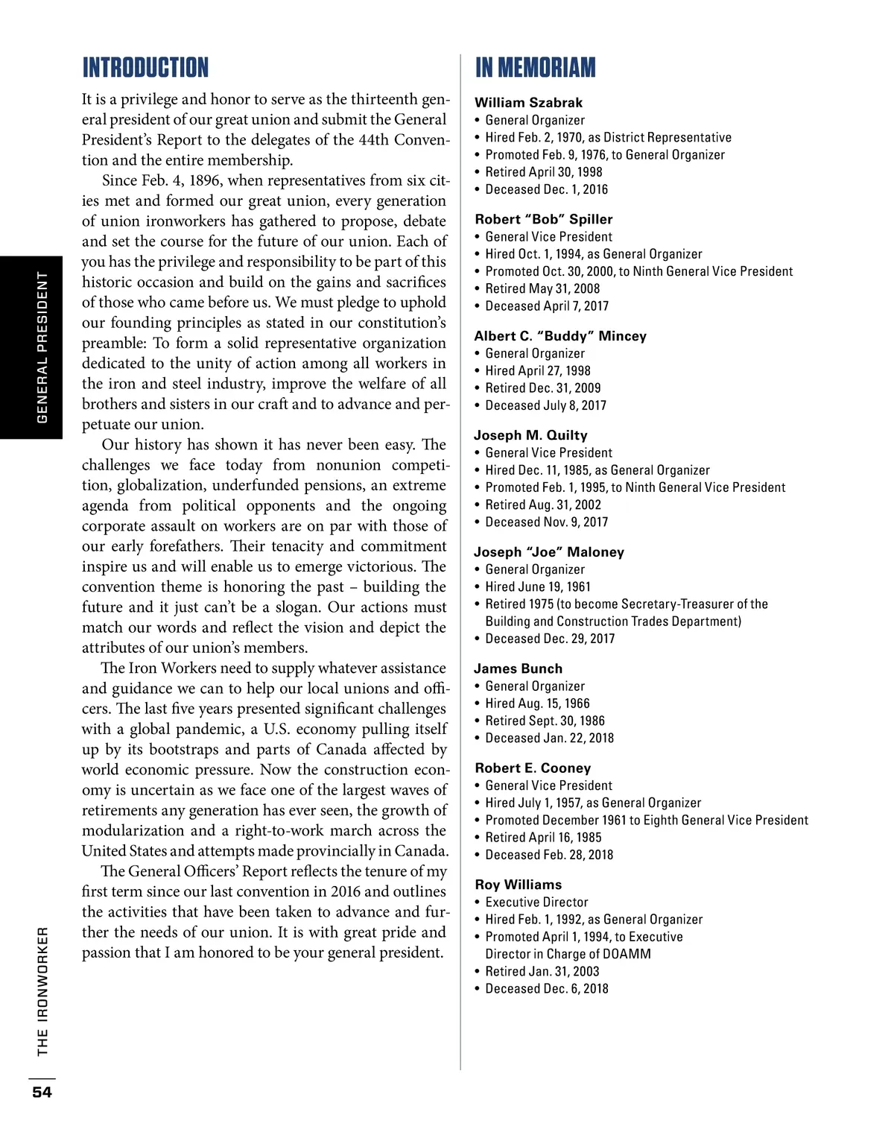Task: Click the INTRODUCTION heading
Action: click(x=145, y=68)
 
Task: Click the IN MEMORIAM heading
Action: click(x=536, y=68)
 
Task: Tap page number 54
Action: click(x=42, y=1092)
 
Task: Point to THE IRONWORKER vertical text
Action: click(x=42, y=990)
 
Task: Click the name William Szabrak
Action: click(x=528, y=103)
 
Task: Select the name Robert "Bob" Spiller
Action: click(x=544, y=219)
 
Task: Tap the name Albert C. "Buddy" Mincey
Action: click(x=560, y=336)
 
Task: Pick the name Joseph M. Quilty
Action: click(x=530, y=435)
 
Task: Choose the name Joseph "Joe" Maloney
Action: click(x=549, y=552)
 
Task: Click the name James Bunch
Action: click(x=519, y=668)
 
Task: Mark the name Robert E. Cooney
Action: click(x=533, y=768)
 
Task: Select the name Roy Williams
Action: click(x=519, y=885)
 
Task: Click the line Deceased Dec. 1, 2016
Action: click(x=546, y=189)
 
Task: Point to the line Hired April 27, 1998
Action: click(x=537, y=370)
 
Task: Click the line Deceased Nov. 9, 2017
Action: click(x=546, y=522)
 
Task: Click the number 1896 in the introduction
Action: click(x=205, y=180)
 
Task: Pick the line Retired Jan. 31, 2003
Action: click(x=542, y=971)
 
